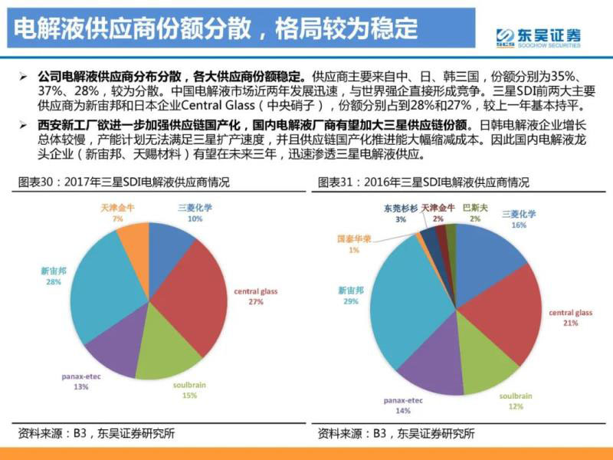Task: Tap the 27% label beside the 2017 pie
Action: click(256, 302)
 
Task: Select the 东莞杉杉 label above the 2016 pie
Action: click(400, 209)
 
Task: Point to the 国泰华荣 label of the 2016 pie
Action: click(352, 238)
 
